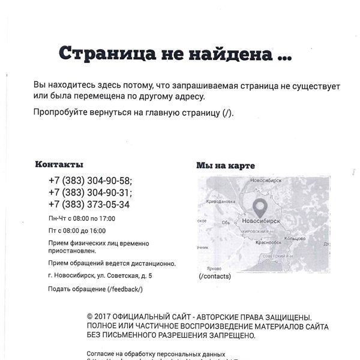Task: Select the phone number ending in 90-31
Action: pos(91,192)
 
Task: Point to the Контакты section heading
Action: pos(59,164)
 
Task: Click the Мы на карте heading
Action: pos(226,166)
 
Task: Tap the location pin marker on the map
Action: pos(260,208)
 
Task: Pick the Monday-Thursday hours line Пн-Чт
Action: pos(82,218)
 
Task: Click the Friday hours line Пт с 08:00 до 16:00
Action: pos(77,230)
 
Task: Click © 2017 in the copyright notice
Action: pos(100,316)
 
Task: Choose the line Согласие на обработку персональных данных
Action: pos(156,354)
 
